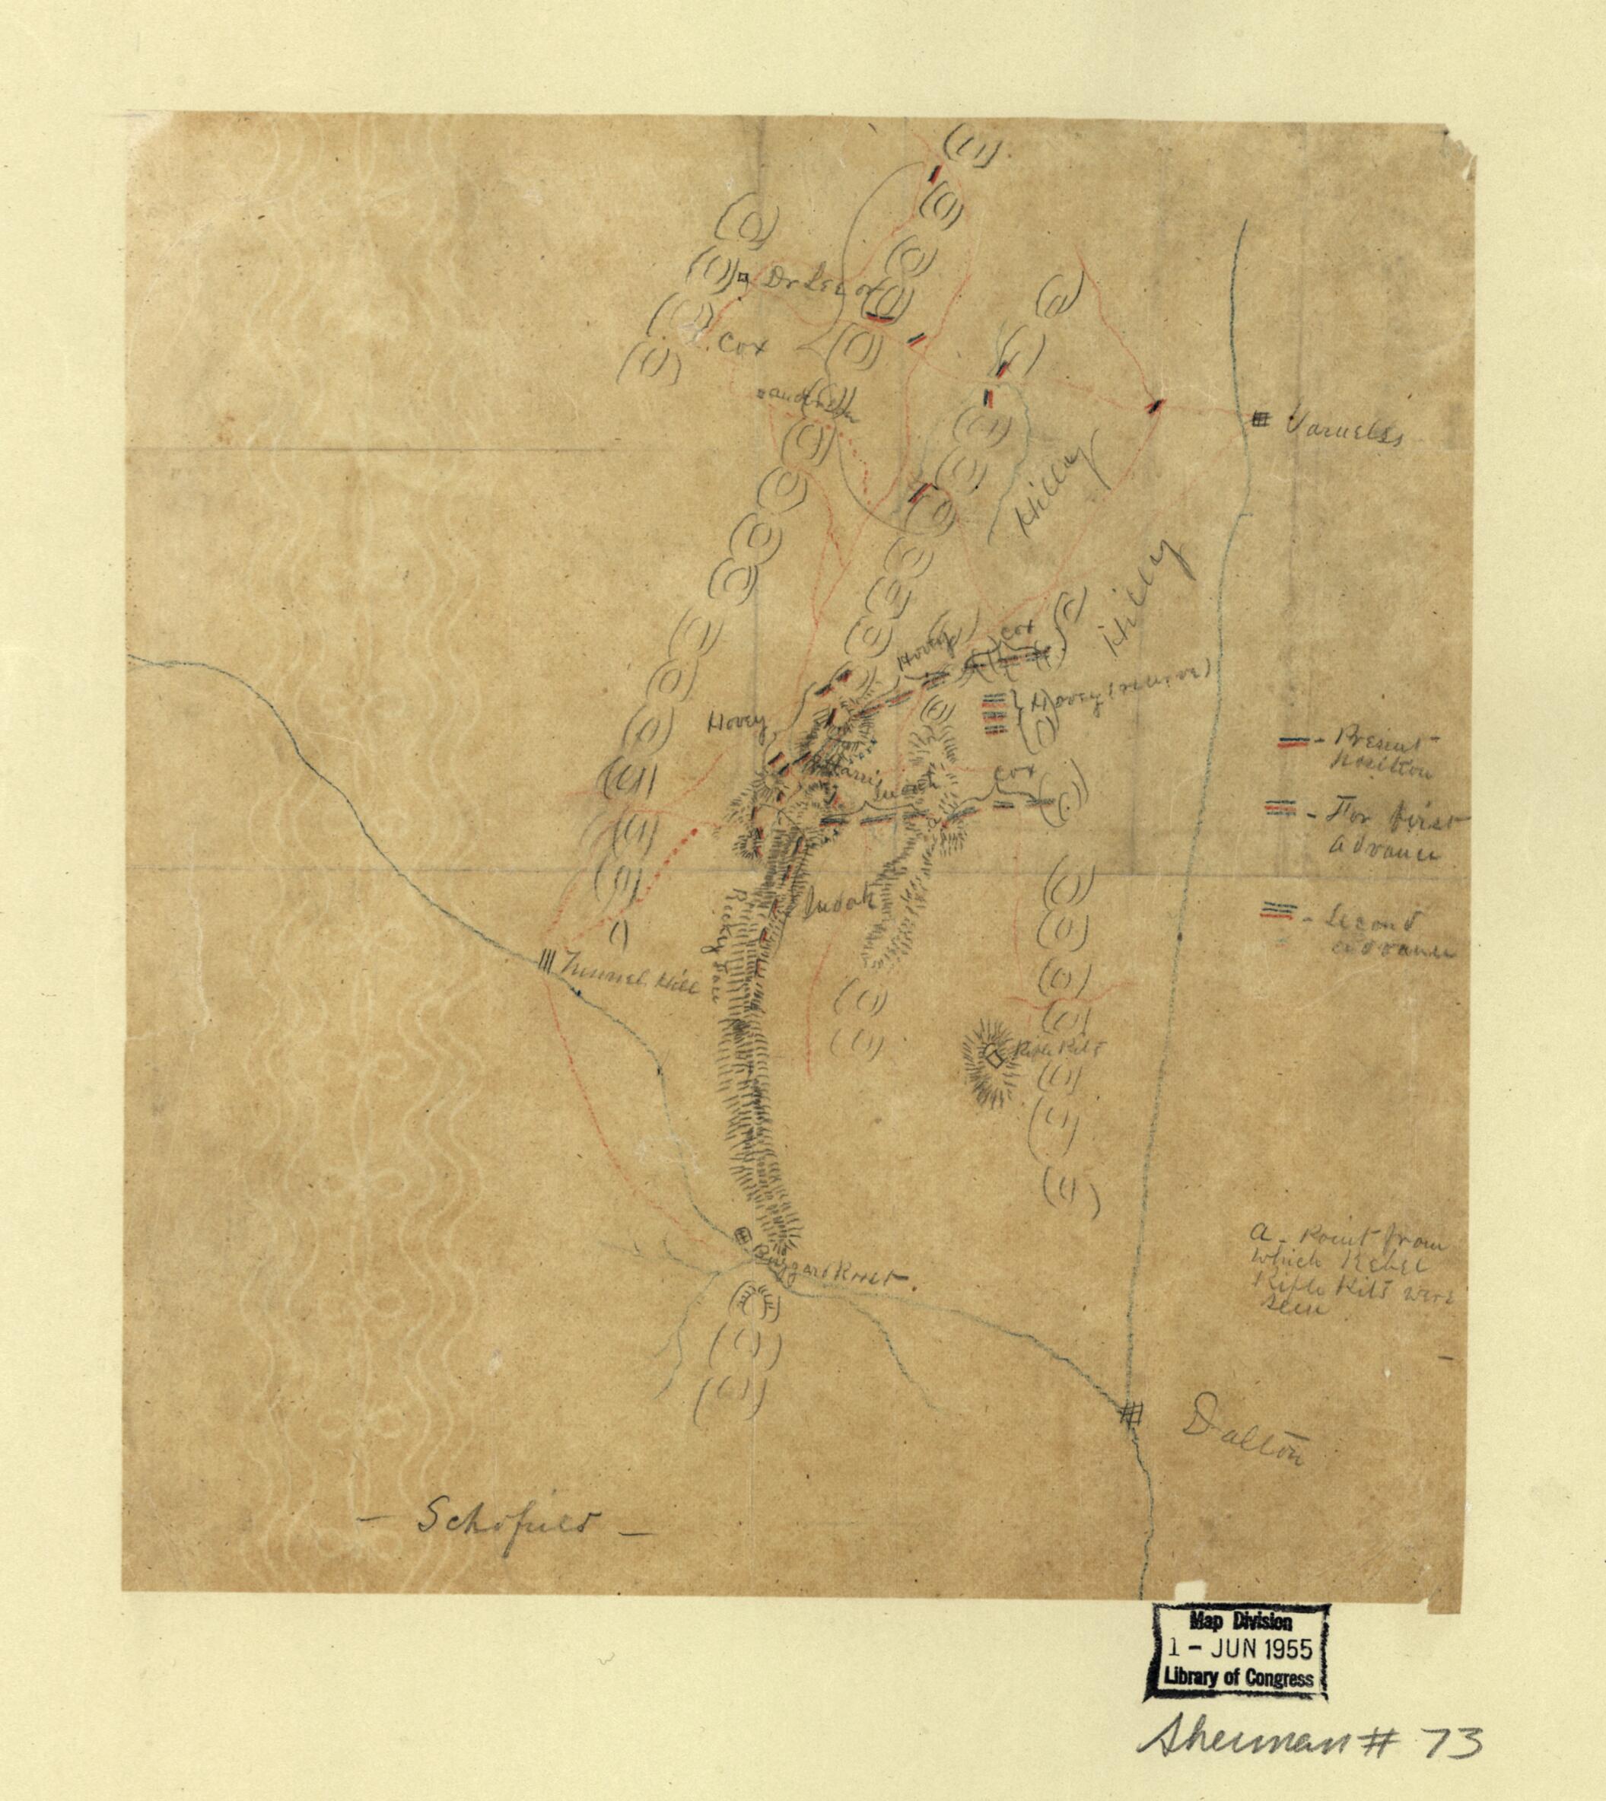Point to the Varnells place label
(x=1341, y=435)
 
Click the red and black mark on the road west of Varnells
(x=1153, y=405)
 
